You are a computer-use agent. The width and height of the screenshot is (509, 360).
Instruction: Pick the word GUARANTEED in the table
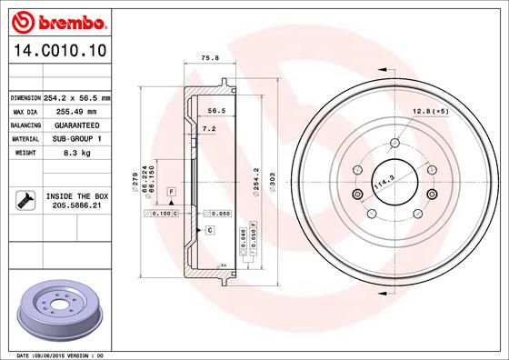tap(77, 125)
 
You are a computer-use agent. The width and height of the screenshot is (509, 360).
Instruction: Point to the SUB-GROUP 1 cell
tap(76, 139)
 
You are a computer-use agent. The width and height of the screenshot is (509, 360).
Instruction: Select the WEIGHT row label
tap(24, 154)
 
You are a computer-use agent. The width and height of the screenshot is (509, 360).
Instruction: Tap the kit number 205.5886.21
tap(76, 206)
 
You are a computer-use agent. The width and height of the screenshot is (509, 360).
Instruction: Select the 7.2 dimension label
tap(207, 130)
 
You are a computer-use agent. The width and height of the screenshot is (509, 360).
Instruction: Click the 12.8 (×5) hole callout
tap(430, 111)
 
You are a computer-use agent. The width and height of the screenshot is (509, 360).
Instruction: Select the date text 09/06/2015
tap(46, 355)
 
